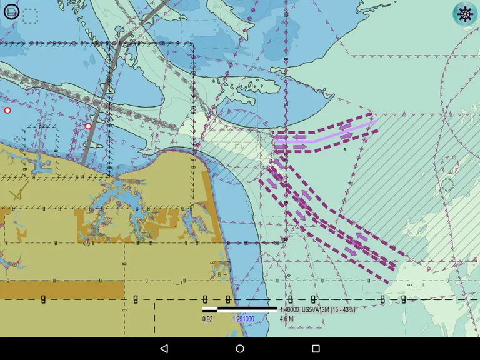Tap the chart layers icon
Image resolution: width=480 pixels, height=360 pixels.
pos(11,12)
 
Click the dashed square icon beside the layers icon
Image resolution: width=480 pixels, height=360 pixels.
pos(30,16)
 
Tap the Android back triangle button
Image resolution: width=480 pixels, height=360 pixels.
pos(164,348)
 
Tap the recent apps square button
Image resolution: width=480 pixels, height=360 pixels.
pos(316,348)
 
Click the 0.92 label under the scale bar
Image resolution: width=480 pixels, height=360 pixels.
pos(208,319)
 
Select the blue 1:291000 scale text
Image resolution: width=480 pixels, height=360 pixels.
pos(243,319)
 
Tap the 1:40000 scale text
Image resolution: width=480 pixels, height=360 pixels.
pos(289,310)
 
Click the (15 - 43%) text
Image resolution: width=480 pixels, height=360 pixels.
pos(343,310)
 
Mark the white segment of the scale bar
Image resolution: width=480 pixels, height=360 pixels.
pos(210,309)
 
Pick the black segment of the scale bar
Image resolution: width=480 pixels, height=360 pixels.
pos(247,309)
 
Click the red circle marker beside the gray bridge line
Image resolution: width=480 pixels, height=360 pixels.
pos(88,126)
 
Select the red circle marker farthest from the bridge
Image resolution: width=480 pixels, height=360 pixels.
pos(7,110)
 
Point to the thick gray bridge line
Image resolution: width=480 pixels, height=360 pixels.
pos(100,100)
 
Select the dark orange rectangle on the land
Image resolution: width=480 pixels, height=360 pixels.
pos(62,289)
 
